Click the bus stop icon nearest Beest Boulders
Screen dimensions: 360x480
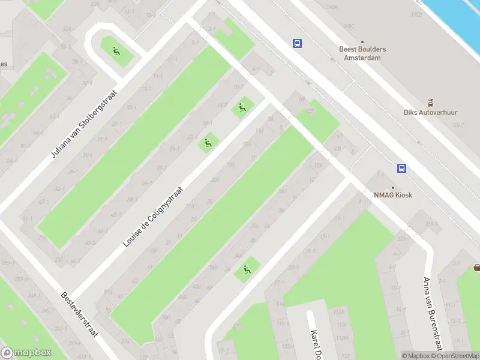[297, 43]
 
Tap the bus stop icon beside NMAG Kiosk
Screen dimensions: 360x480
[401, 169]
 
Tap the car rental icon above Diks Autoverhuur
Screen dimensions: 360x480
[430, 102]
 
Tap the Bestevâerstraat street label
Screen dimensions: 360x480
[79, 315]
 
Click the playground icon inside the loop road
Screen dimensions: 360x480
[115, 50]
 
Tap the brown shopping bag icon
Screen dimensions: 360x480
[477, 268]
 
